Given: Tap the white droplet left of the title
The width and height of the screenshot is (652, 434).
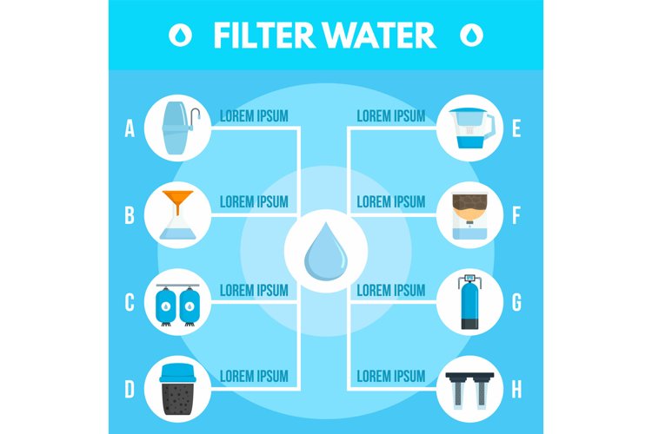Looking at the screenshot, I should (x=180, y=35).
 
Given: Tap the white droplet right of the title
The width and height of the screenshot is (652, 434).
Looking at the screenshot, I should (x=472, y=35).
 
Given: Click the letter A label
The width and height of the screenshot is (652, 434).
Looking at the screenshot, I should (x=130, y=129).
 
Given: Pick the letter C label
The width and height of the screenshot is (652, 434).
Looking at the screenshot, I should (x=130, y=303).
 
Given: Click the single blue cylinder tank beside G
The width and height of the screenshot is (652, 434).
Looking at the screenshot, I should (x=469, y=303).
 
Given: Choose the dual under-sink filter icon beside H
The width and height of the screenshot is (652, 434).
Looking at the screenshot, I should (x=469, y=390).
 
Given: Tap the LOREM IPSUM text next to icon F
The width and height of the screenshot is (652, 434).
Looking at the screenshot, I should (x=390, y=202).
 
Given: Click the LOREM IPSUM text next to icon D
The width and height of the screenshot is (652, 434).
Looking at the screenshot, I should (x=254, y=376).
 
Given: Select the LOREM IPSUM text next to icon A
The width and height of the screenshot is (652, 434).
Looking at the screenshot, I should (x=254, y=115).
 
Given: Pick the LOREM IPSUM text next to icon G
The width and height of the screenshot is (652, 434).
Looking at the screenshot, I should (x=390, y=289).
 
